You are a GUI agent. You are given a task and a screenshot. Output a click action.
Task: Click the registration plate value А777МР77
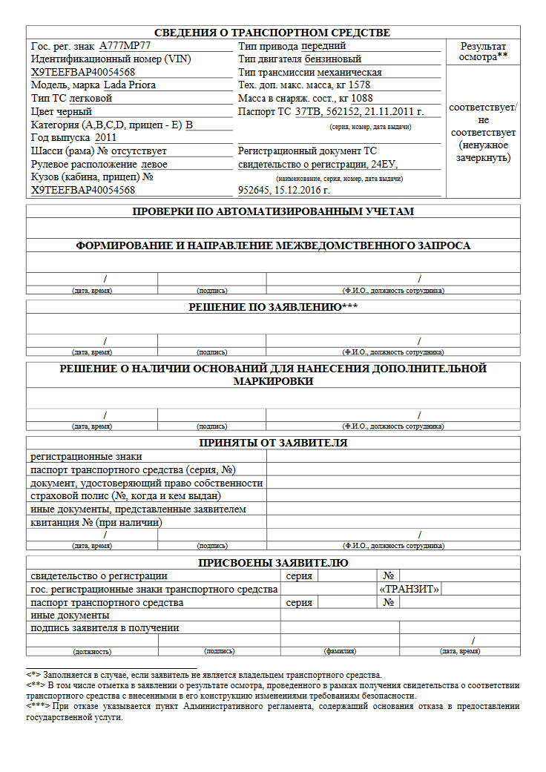coord(125,46)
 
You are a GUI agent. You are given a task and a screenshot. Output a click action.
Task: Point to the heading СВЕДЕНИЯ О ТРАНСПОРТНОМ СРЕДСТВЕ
coord(272,33)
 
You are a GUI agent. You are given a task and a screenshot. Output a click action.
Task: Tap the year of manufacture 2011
coord(105,138)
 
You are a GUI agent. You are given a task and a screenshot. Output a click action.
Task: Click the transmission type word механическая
coord(349,73)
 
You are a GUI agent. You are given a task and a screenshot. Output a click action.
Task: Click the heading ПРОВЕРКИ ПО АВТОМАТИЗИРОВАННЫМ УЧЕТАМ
coord(272,211)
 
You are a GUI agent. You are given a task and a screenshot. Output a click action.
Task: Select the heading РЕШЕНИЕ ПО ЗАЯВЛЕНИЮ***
coord(272,307)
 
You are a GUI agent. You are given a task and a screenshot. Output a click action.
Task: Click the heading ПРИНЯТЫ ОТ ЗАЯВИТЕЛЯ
coord(272,443)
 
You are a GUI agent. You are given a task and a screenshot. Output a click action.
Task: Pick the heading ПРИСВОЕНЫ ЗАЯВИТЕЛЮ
coord(272,563)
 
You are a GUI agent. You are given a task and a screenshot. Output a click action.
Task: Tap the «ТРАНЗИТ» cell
coord(409,590)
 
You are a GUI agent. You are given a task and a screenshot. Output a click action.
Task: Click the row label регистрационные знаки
coord(86,457)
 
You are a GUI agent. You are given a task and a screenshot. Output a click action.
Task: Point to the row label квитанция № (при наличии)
coord(96,523)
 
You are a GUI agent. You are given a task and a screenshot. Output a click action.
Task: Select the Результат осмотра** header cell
coord(483,51)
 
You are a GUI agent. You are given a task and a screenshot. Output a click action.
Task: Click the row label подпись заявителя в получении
coord(105,628)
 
